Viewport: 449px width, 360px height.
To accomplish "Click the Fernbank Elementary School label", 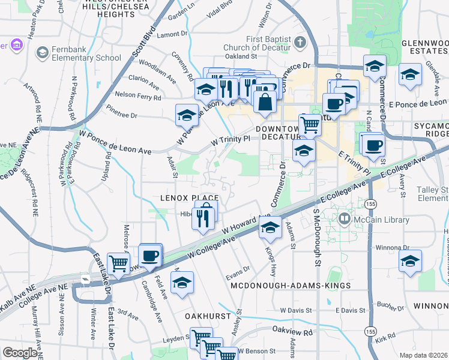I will (87, 53).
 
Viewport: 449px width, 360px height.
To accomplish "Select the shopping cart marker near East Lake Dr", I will (118, 262).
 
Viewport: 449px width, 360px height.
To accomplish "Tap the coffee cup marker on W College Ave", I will (149, 254).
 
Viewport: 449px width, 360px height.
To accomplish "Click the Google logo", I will (20, 353).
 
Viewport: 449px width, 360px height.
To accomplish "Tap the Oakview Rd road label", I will (292, 331).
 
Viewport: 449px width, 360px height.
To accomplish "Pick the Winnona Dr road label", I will (391, 247).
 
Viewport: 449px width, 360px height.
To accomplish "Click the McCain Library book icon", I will (343, 220).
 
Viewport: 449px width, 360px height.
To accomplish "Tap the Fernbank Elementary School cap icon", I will (43, 53).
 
